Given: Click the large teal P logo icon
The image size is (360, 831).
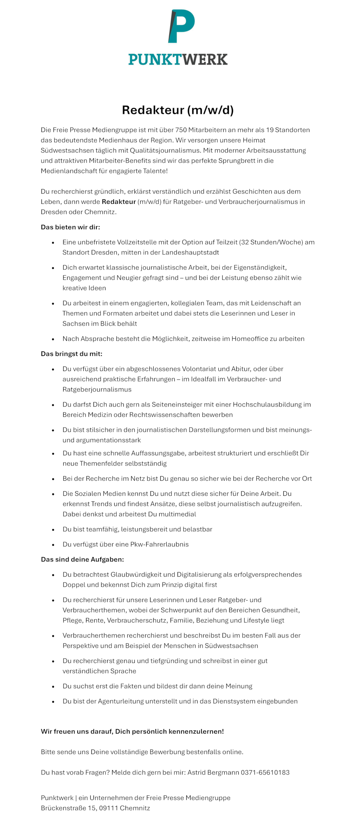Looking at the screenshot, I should [181, 26].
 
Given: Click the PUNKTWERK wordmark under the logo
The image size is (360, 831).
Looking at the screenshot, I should [178, 59].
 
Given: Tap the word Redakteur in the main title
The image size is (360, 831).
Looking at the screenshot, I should [153, 110].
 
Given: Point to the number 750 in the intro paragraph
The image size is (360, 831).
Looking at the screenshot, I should [181, 130].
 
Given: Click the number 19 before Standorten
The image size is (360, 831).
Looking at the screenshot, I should [270, 130].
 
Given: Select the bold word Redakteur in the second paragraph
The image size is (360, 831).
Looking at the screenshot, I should [118, 202].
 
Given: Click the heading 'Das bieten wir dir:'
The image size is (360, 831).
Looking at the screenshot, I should [70, 227].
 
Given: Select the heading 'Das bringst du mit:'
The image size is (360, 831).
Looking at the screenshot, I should [71, 354].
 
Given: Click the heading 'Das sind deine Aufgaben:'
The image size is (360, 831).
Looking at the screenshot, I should [82, 560].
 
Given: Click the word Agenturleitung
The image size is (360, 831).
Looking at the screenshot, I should [121, 701].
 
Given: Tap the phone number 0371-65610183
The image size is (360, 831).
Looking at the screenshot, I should [265, 773].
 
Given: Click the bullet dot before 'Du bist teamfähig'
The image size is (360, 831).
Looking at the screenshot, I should [53, 530].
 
